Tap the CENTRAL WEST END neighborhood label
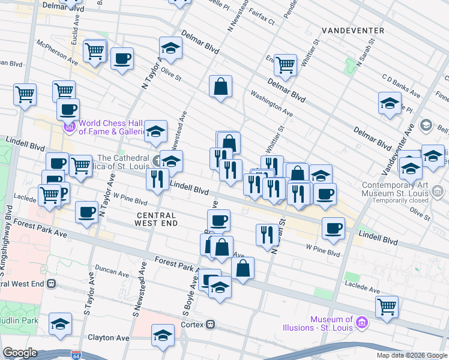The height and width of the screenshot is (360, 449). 156,219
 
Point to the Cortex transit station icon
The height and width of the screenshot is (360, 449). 211,325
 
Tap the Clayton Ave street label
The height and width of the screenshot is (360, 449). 109,338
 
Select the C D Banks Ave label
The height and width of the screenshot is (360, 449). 401,85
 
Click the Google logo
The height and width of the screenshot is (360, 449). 20,353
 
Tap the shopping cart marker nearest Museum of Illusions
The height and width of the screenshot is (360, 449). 387,306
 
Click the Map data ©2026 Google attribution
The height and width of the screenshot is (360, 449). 412,355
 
